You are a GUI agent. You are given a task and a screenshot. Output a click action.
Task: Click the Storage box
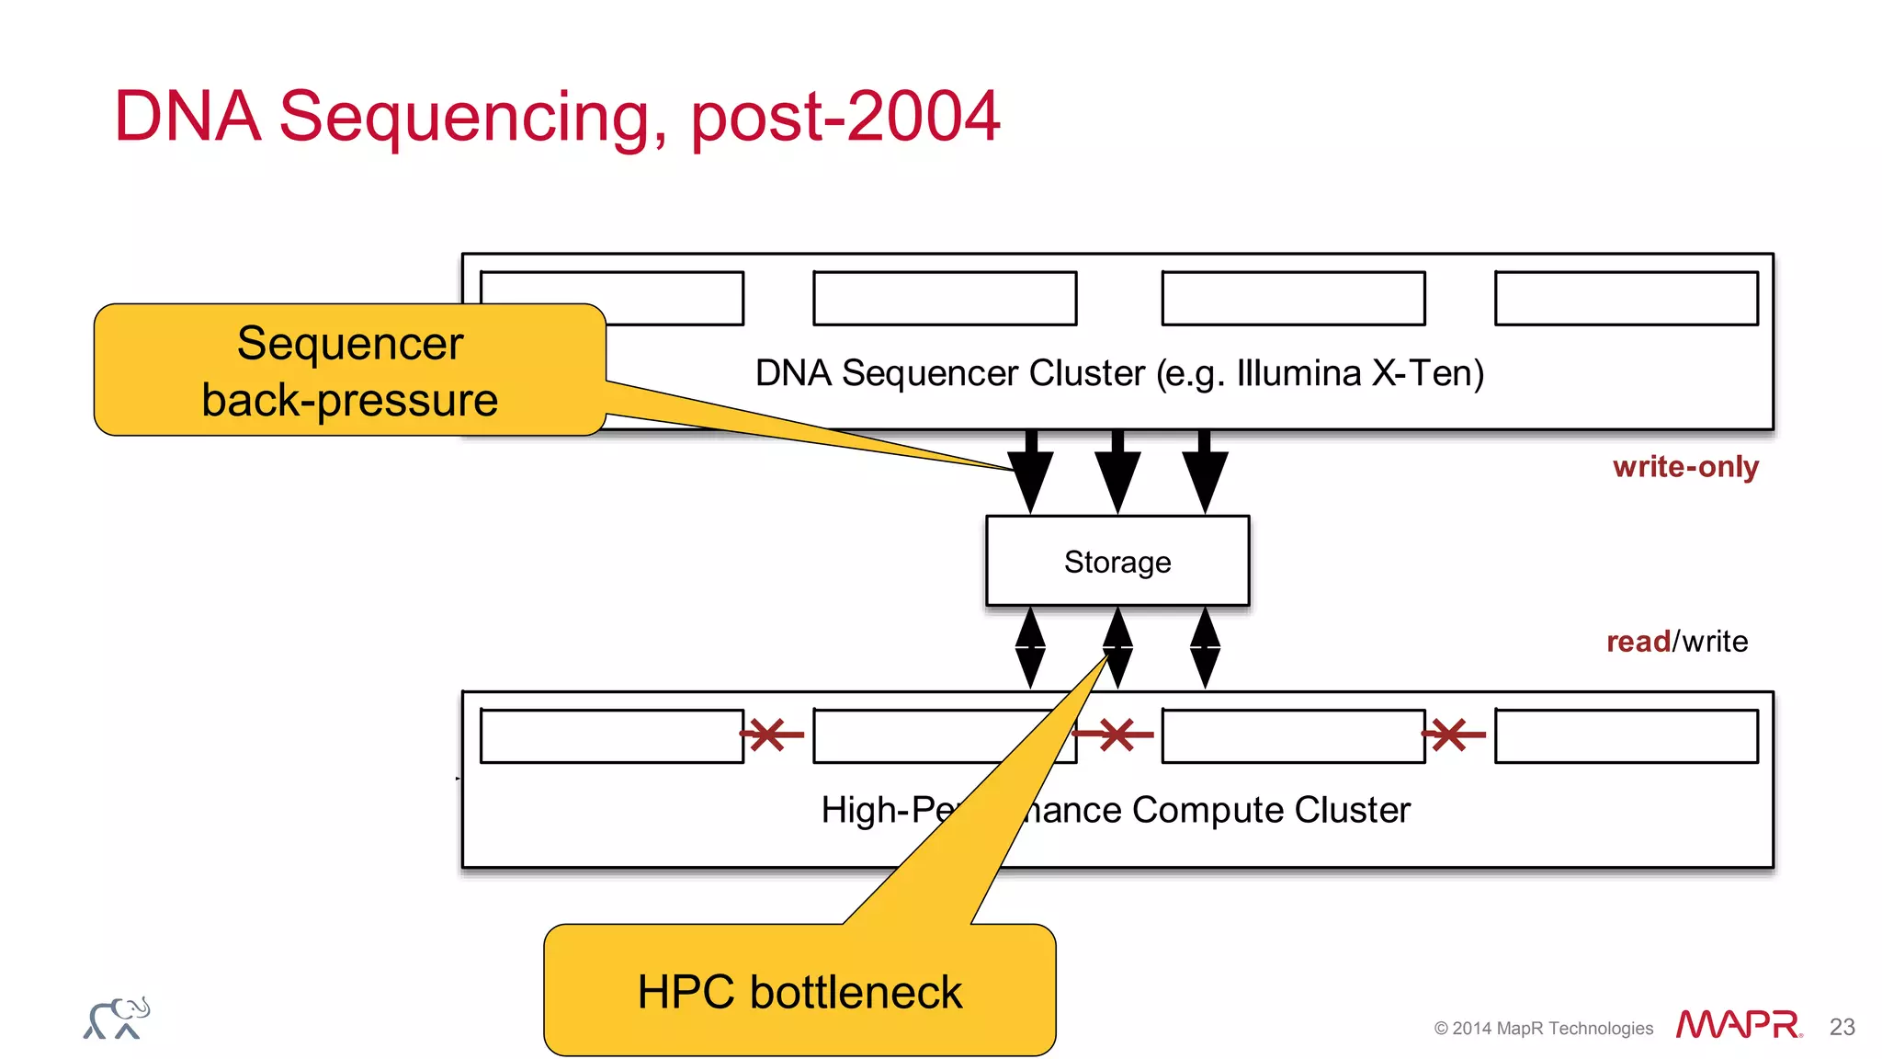click(x=1117, y=561)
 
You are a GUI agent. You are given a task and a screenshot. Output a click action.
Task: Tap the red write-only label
click(x=1684, y=467)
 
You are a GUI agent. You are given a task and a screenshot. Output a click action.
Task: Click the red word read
click(x=1638, y=641)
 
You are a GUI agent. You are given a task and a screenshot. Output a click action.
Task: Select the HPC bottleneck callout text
click(x=799, y=992)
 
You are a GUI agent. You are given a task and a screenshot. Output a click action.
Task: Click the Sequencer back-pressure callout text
click(x=349, y=371)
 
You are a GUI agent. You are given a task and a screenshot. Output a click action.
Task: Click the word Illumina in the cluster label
click(x=1298, y=373)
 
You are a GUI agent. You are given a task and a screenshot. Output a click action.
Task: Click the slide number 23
click(x=1842, y=1027)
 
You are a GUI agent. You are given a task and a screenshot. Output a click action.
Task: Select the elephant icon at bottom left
click(x=116, y=1019)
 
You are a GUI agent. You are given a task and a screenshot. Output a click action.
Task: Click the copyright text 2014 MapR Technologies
click(x=1544, y=1028)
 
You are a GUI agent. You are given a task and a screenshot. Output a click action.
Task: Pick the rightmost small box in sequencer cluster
click(x=1626, y=298)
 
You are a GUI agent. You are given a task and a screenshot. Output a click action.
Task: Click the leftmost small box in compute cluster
click(x=611, y=735)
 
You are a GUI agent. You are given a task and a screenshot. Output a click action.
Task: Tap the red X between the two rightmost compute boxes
click(x=1451, y=734)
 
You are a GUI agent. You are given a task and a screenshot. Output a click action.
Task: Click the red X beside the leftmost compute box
click(x=769, y=734)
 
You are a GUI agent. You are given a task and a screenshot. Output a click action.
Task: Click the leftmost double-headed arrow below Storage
click(x=1030, y=648)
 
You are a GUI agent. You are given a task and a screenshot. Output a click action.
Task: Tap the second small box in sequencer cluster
click(x=945, y=298)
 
